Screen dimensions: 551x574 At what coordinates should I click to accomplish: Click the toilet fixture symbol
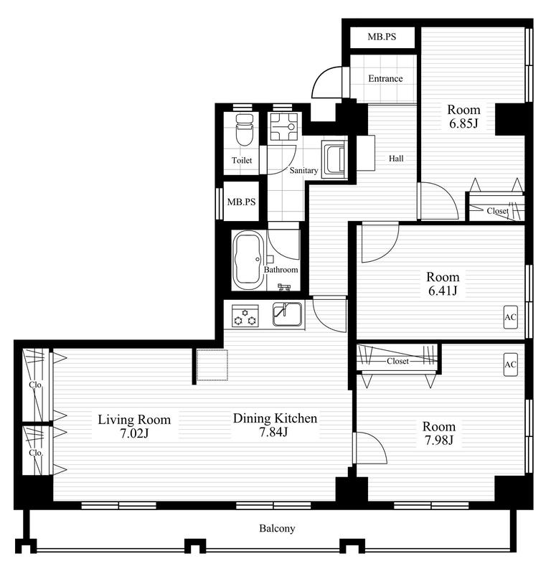(x=245, y=130)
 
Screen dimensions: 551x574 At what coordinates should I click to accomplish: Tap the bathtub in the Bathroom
(x=248, y=260)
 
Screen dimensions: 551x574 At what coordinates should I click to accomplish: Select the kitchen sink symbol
(x=288, y=314)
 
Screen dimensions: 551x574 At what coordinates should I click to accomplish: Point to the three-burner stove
(x=245, y=316)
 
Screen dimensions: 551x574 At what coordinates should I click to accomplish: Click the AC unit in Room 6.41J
(x=511, y=317)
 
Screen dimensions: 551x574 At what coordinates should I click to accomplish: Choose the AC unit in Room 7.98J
(x=511, y=364)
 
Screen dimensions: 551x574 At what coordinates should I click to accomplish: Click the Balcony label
(x=277, y=528)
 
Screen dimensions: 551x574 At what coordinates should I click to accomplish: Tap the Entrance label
(x=385, y=78)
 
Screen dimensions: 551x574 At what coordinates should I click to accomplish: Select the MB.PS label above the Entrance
(x=382, y=37)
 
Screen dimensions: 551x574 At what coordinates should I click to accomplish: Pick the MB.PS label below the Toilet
(x=241, y=202)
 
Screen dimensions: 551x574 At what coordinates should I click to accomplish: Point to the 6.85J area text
(x=463, y=123)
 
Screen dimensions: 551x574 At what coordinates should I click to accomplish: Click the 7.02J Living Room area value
(x=134, y=433)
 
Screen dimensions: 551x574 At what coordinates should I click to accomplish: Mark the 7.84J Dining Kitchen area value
(x=273, y=433)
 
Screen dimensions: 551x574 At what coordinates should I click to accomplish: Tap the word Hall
(x=396, y=159)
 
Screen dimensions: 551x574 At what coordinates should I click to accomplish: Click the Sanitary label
(x=303, y=170)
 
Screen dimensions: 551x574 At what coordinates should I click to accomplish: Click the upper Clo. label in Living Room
(x=36, y=385)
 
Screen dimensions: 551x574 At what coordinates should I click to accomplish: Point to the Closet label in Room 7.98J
(x=397, y=361)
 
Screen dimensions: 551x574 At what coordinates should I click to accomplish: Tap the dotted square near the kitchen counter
(x=212, y=365)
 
